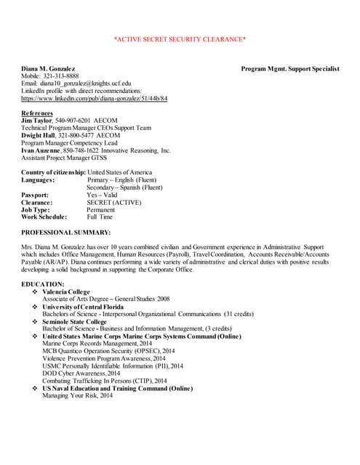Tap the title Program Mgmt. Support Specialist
290,68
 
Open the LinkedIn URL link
95,98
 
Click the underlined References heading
37,113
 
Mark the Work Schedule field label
44,217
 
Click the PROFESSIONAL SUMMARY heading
66,232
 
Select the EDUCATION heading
43,283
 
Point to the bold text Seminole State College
74,321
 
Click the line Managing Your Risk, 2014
77,395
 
